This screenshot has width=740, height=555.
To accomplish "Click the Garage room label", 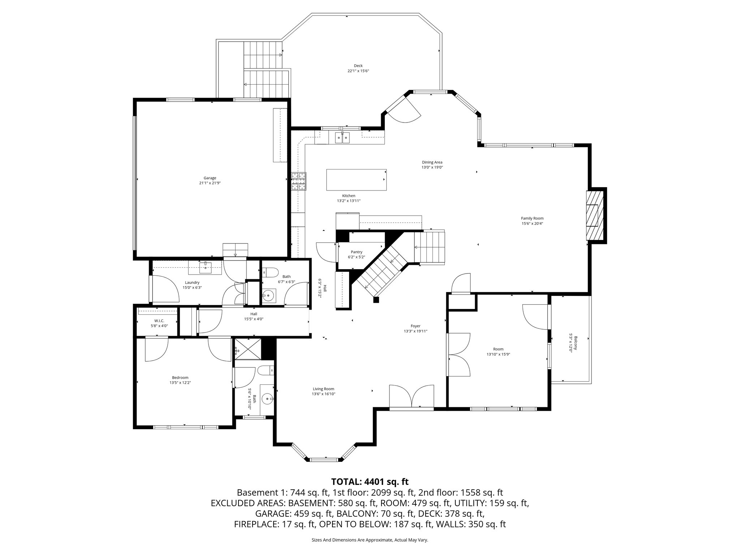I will click(210, 178).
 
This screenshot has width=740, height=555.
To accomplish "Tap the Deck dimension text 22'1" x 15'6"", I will click(358, 71).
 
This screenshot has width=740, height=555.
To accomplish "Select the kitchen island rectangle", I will click(356, 180).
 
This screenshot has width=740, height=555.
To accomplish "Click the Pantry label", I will click(356, 252).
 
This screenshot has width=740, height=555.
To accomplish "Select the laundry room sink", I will click(206, 268).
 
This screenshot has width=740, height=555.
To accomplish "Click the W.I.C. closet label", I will click(159, 320).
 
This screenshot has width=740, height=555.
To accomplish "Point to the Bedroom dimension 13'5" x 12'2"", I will click(180, 383).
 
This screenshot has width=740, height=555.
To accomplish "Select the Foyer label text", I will click(415, 326).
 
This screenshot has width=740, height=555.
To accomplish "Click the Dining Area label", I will click(432, 162).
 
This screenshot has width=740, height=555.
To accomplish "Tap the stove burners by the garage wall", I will click(299, 181).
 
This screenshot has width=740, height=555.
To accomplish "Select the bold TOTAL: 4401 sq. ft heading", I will click(370, 482).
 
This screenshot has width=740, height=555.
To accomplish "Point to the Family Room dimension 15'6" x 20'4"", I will click(532, 223).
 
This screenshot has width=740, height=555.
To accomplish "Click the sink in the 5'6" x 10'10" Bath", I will click(267, 400).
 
